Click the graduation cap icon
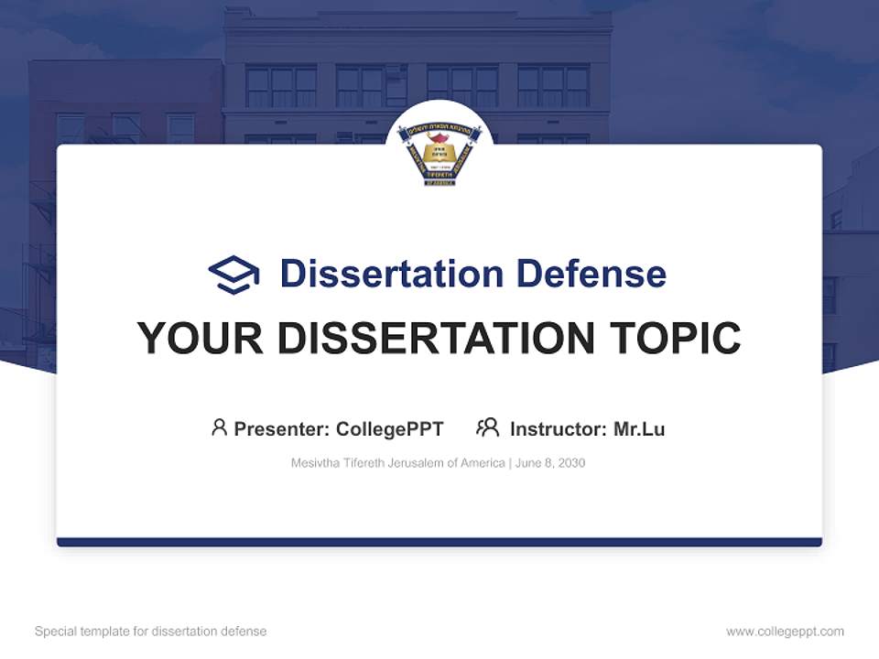coord(233,275)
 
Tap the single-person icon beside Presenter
coord(219,427)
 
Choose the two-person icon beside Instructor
coord(488,427)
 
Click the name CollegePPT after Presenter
coord(390,428)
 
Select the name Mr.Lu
coord(639,428)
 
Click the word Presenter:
coord(282,428)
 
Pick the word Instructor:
coord(558,428)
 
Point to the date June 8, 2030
coord(550,463)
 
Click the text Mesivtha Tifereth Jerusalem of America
coord(397,463)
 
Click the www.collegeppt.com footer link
coord(785,632)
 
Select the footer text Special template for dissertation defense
coord(150,632)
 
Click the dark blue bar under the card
coord(439,542)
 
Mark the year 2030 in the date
coord(571,463)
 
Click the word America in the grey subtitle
coord(483,463)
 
